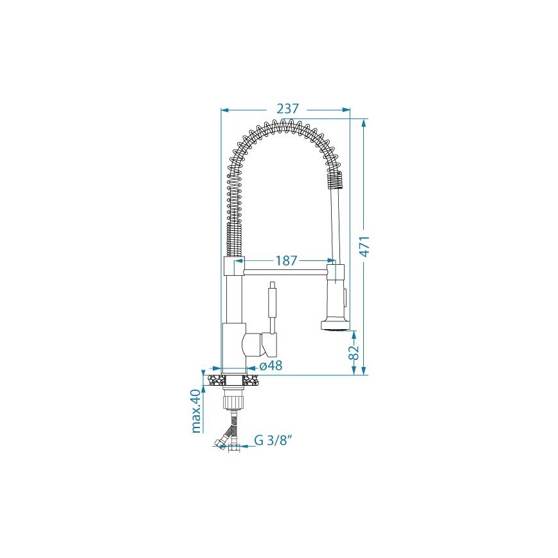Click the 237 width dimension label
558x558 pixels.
pyautogui.click(x=287, y=109)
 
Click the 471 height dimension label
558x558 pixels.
pyautogui.click(x=365, y=246)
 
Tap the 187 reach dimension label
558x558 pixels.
pyautogui.click(x=286, y=261)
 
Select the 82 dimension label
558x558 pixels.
pyautogui.click(x=354, y=352)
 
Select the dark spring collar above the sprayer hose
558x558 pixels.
pyautogui.click(x=334, y=179)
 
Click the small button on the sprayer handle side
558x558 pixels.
pyautogui.click(x=346, y=298)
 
